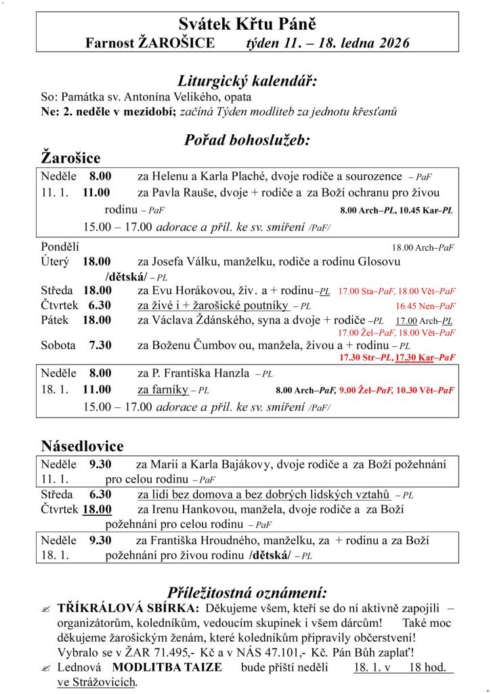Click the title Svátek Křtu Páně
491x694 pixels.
tap(247, 25)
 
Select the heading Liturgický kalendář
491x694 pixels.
tap(247, 80)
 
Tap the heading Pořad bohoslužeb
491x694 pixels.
tap(247, 140)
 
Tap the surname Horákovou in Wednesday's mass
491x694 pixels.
tap(199, 291)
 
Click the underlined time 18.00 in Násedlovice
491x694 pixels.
tap(98, 509)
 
